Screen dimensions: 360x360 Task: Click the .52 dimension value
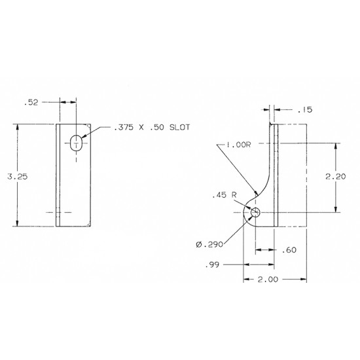[x=30, y=103]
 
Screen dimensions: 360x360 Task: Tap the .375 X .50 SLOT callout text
[x=151, y=127]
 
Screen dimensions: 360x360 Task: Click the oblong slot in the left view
[x=77, y=142]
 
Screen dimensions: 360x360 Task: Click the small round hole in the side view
[x=255, y=212]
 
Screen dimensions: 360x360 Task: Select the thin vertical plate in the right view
[x=274, y=170]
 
